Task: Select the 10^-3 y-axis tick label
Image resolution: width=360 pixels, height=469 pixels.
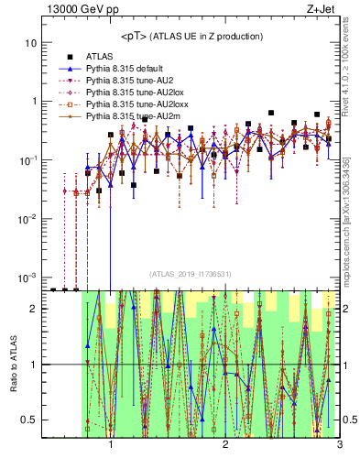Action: click(x=28, y=277)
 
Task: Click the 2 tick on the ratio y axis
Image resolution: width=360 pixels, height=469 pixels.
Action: click(x=34, y=309)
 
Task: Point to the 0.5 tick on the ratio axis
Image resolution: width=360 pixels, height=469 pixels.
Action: click(x=30, y=420)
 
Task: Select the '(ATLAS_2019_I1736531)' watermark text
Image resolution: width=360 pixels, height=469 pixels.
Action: click(x=191, y=274)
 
